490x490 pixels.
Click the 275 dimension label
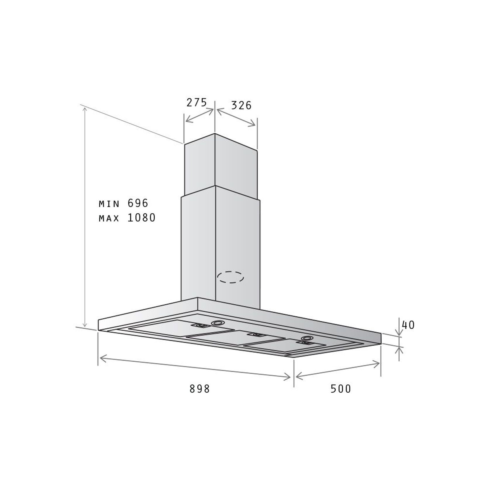pyautogui.click(x=196, y=102)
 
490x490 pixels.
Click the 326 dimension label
pyautogui.click(x=241, y=105)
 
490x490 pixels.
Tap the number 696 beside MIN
pyautogui.click(x=138, y=203)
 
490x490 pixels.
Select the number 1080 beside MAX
pyautogui.click(x=142, y=218)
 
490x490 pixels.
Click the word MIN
pyautogui.click(x=109, y=204)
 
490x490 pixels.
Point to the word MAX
pyautogui.click(x=109, y=218)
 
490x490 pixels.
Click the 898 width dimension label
pyautogui.click(x=200, y=389)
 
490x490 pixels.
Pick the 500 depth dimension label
pyautogui.click(x=341, y=389)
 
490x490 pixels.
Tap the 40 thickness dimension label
pyautogui.click(x=408, y=325)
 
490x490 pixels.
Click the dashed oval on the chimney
pyautogui.click(x=231, y=277)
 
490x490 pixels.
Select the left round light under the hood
pyautogui.click(x=217, y=323)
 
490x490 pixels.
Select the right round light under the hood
pyautogui.click(x=307, y=338)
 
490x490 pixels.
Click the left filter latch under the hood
pyautogui.click(x=200, y=326)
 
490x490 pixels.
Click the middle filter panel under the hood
pyautogui.click(x=235, y=338)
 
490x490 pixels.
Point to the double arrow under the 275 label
pyautogui.click(x=199, y=115)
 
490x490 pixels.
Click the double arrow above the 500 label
pyautogui.click(x=338, y=370)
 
